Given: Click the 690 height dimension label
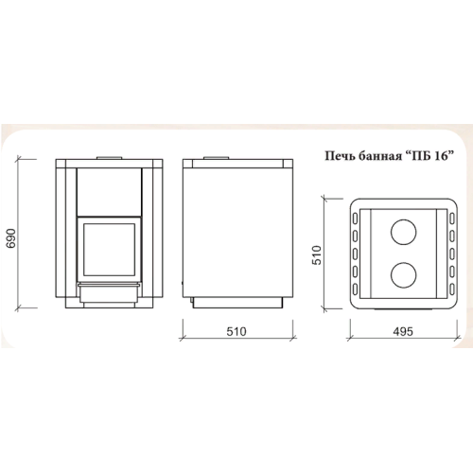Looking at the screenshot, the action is pyautogui.click(x=11, y=238).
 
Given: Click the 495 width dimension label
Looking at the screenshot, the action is pyautogui.click(x=403, y=331).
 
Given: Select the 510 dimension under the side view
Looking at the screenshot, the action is pyautogui.click(x=236, y=331).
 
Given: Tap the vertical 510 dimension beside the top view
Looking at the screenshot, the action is pyautogui.click(x=317, y=254).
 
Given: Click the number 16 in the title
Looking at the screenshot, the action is pyautogui.click(x=442, y=156).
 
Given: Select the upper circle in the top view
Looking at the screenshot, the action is pyautogui.click(x=403, y=232).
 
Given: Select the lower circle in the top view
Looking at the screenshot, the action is pyautogui.click(x=403, y=275).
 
